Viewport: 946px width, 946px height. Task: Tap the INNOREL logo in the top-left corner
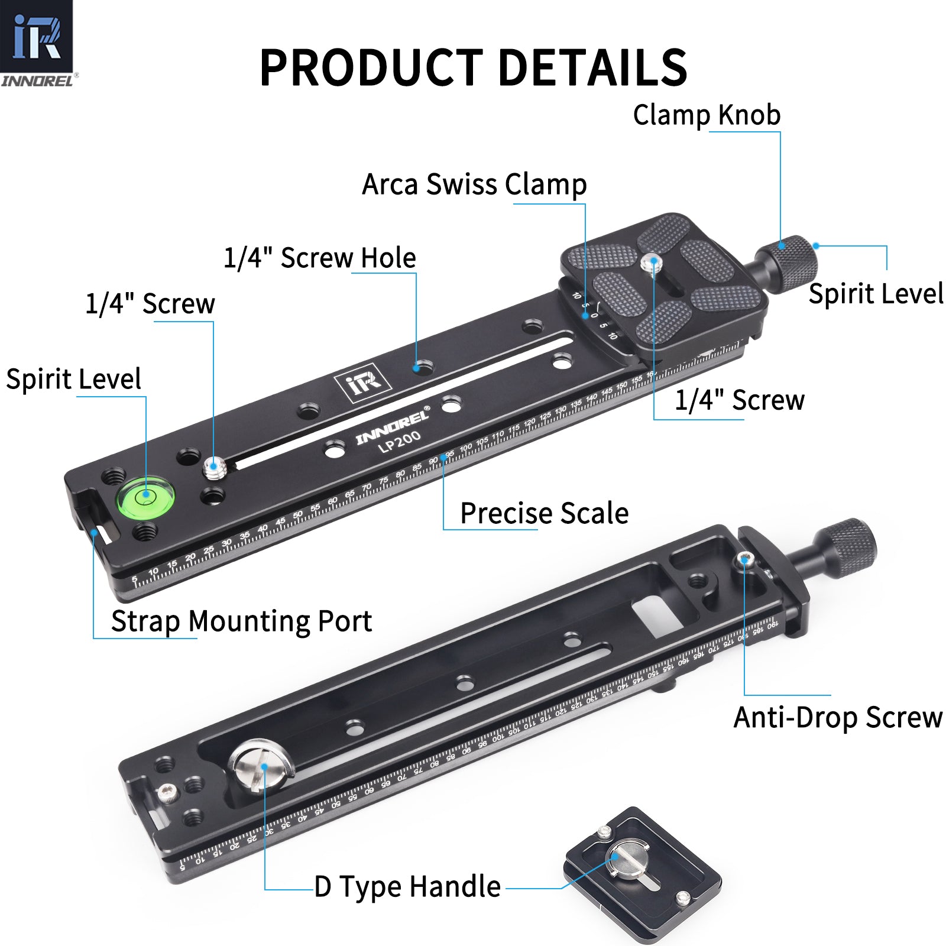tap(37, 43)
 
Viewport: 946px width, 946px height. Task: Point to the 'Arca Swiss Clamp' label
tap(474, 184)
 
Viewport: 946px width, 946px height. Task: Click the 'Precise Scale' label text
tap(544, 513)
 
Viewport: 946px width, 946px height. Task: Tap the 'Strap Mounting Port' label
tap(241, 621)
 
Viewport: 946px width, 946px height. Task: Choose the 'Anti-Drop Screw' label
tap(838, 717)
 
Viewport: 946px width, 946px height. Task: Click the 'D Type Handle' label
tap(407, 886)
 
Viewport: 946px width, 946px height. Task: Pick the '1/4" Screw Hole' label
tap(320, 258)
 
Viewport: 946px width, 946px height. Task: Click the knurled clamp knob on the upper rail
tap(792, 263)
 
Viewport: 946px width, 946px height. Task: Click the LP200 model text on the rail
tap(400, 441)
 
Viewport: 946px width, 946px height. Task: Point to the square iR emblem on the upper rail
tap(363, 385)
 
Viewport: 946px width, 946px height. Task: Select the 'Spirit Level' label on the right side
tap(875, 294)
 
